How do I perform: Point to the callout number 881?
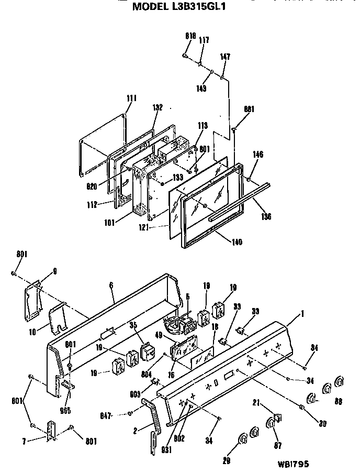click(x=249, y=109)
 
